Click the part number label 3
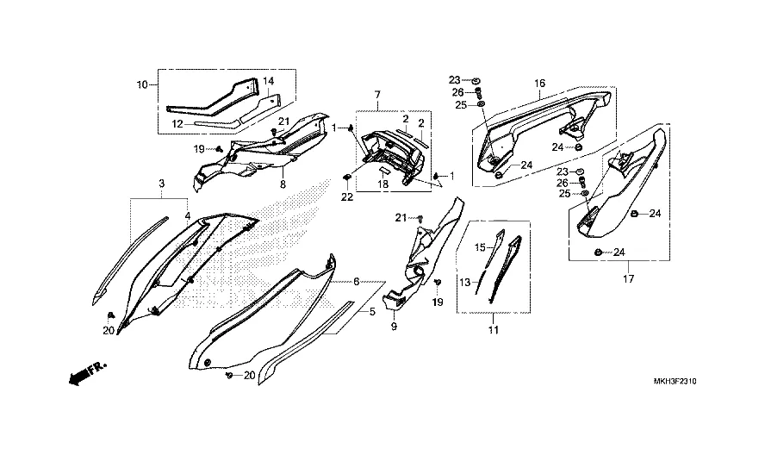161,184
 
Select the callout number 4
186,215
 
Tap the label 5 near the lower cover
372,311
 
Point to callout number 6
355,282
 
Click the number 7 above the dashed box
376,93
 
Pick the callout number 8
282,183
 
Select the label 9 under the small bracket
394,327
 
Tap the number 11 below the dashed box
494,330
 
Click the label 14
268,82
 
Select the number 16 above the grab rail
540,84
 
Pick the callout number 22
346,198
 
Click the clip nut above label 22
345,178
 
